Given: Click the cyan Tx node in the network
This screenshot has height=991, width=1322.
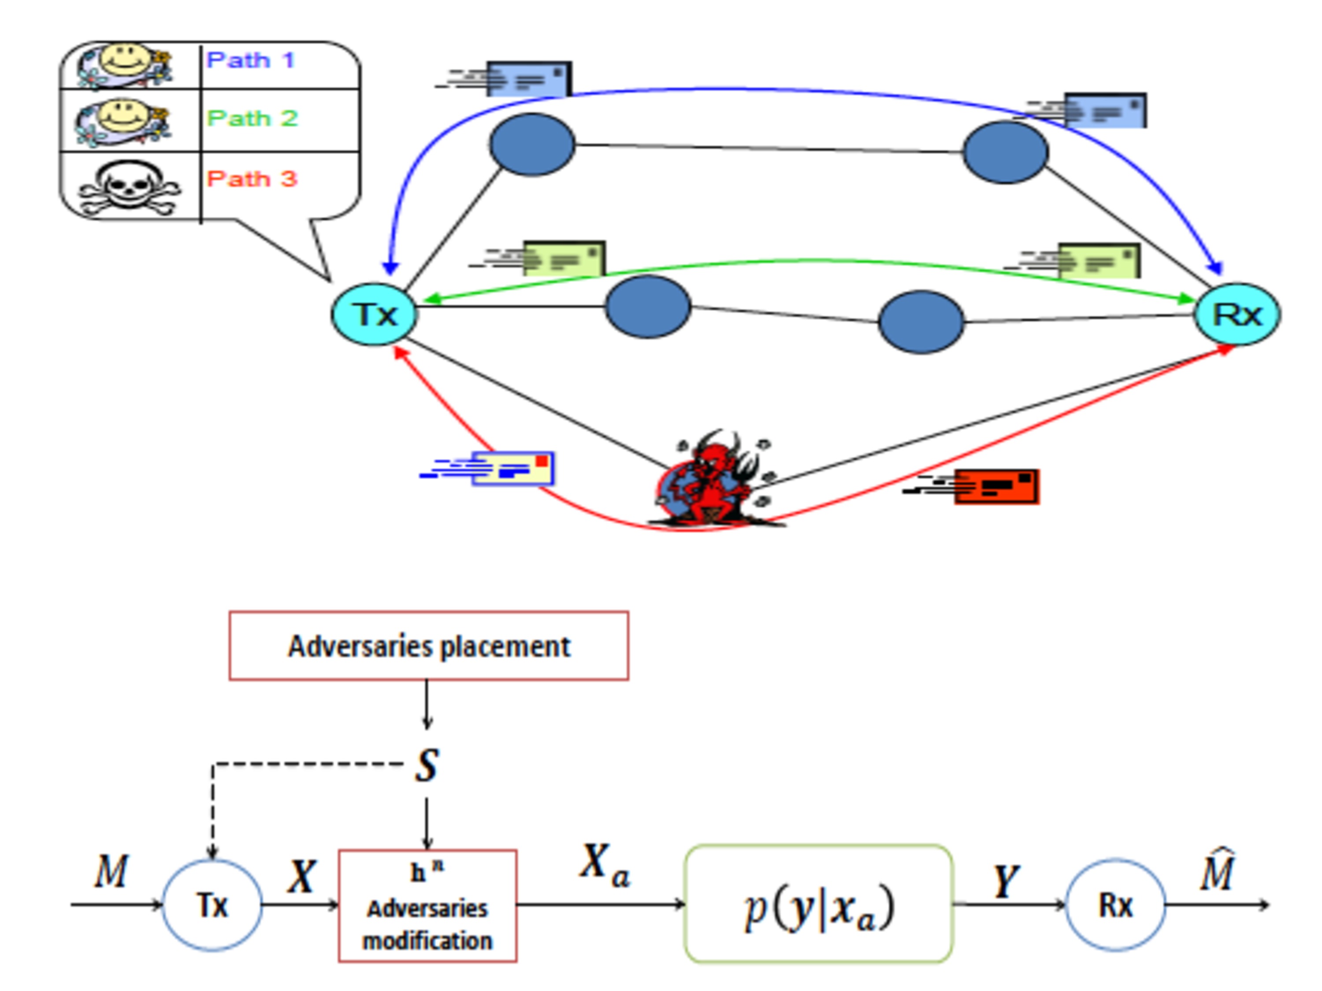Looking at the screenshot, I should pos(374,314).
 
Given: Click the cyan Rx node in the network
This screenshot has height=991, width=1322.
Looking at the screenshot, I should pos(1237,314).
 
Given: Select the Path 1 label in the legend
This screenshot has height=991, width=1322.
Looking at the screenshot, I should pos(251,60).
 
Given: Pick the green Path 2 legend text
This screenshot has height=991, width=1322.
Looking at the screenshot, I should pos(252,118).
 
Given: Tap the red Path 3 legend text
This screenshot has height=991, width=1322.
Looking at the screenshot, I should pos(252,179).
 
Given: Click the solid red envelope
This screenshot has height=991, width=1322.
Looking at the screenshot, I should pos(996,487).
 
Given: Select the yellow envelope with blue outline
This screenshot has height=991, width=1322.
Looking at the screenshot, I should pos(513,468).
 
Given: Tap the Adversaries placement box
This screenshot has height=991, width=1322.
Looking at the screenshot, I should pos(428,646).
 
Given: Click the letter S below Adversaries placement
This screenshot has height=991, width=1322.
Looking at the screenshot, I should pos(427,765).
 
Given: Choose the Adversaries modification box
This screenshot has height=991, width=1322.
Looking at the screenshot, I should pos(427,906).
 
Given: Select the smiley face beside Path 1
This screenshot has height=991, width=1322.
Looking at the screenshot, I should pos(126,62).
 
